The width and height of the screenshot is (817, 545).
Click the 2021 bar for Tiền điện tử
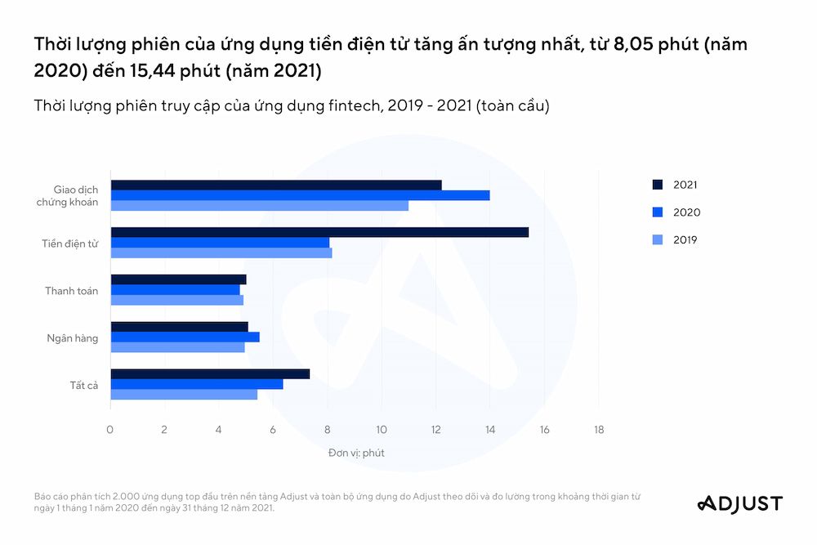coord(319,232)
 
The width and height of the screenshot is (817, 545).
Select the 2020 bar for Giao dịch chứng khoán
coord(300,195)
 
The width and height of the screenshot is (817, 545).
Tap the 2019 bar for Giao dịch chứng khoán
coord(259,206)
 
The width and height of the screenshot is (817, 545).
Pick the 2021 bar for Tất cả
coord(210,373)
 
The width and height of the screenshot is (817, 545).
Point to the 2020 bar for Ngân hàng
coord(185,337)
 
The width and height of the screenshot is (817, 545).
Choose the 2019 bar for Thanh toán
coord(176,300)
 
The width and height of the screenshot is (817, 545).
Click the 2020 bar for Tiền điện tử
coord(220,243)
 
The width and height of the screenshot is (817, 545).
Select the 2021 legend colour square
coord(657,185)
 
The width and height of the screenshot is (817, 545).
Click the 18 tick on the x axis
coord(599,430)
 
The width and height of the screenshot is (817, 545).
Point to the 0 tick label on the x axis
coord(110,430)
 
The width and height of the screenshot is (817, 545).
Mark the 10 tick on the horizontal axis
coord(382,430)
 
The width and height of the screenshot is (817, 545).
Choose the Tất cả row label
coord(83,385)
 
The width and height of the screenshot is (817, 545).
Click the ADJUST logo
coord(739,503)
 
